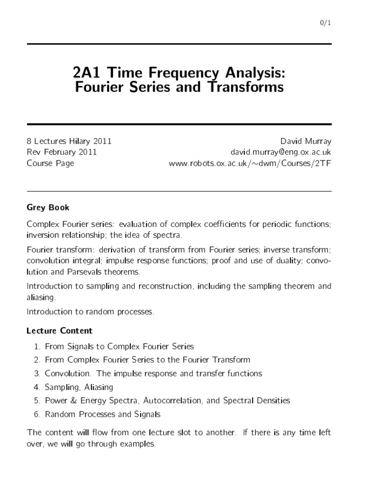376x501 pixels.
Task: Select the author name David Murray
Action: pos(305,141)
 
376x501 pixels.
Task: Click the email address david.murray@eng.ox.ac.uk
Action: pos(278,152)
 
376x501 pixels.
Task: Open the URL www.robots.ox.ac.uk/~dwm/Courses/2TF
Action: pos(250,163)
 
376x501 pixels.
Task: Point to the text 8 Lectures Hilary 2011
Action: pos(69,141)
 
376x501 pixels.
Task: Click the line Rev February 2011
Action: pos(62,152)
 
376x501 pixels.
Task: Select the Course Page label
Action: pos(50,163)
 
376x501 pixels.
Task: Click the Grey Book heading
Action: pos(48,207)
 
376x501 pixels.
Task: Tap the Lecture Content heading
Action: pos(59,331)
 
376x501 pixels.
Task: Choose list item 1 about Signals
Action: pos(119,346)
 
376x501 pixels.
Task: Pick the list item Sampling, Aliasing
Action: pos(79,387)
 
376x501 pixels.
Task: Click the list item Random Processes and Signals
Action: pos(102,414)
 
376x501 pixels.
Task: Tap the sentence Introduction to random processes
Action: pos(91,312)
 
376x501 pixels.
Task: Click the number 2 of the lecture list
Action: pos(37,360)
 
